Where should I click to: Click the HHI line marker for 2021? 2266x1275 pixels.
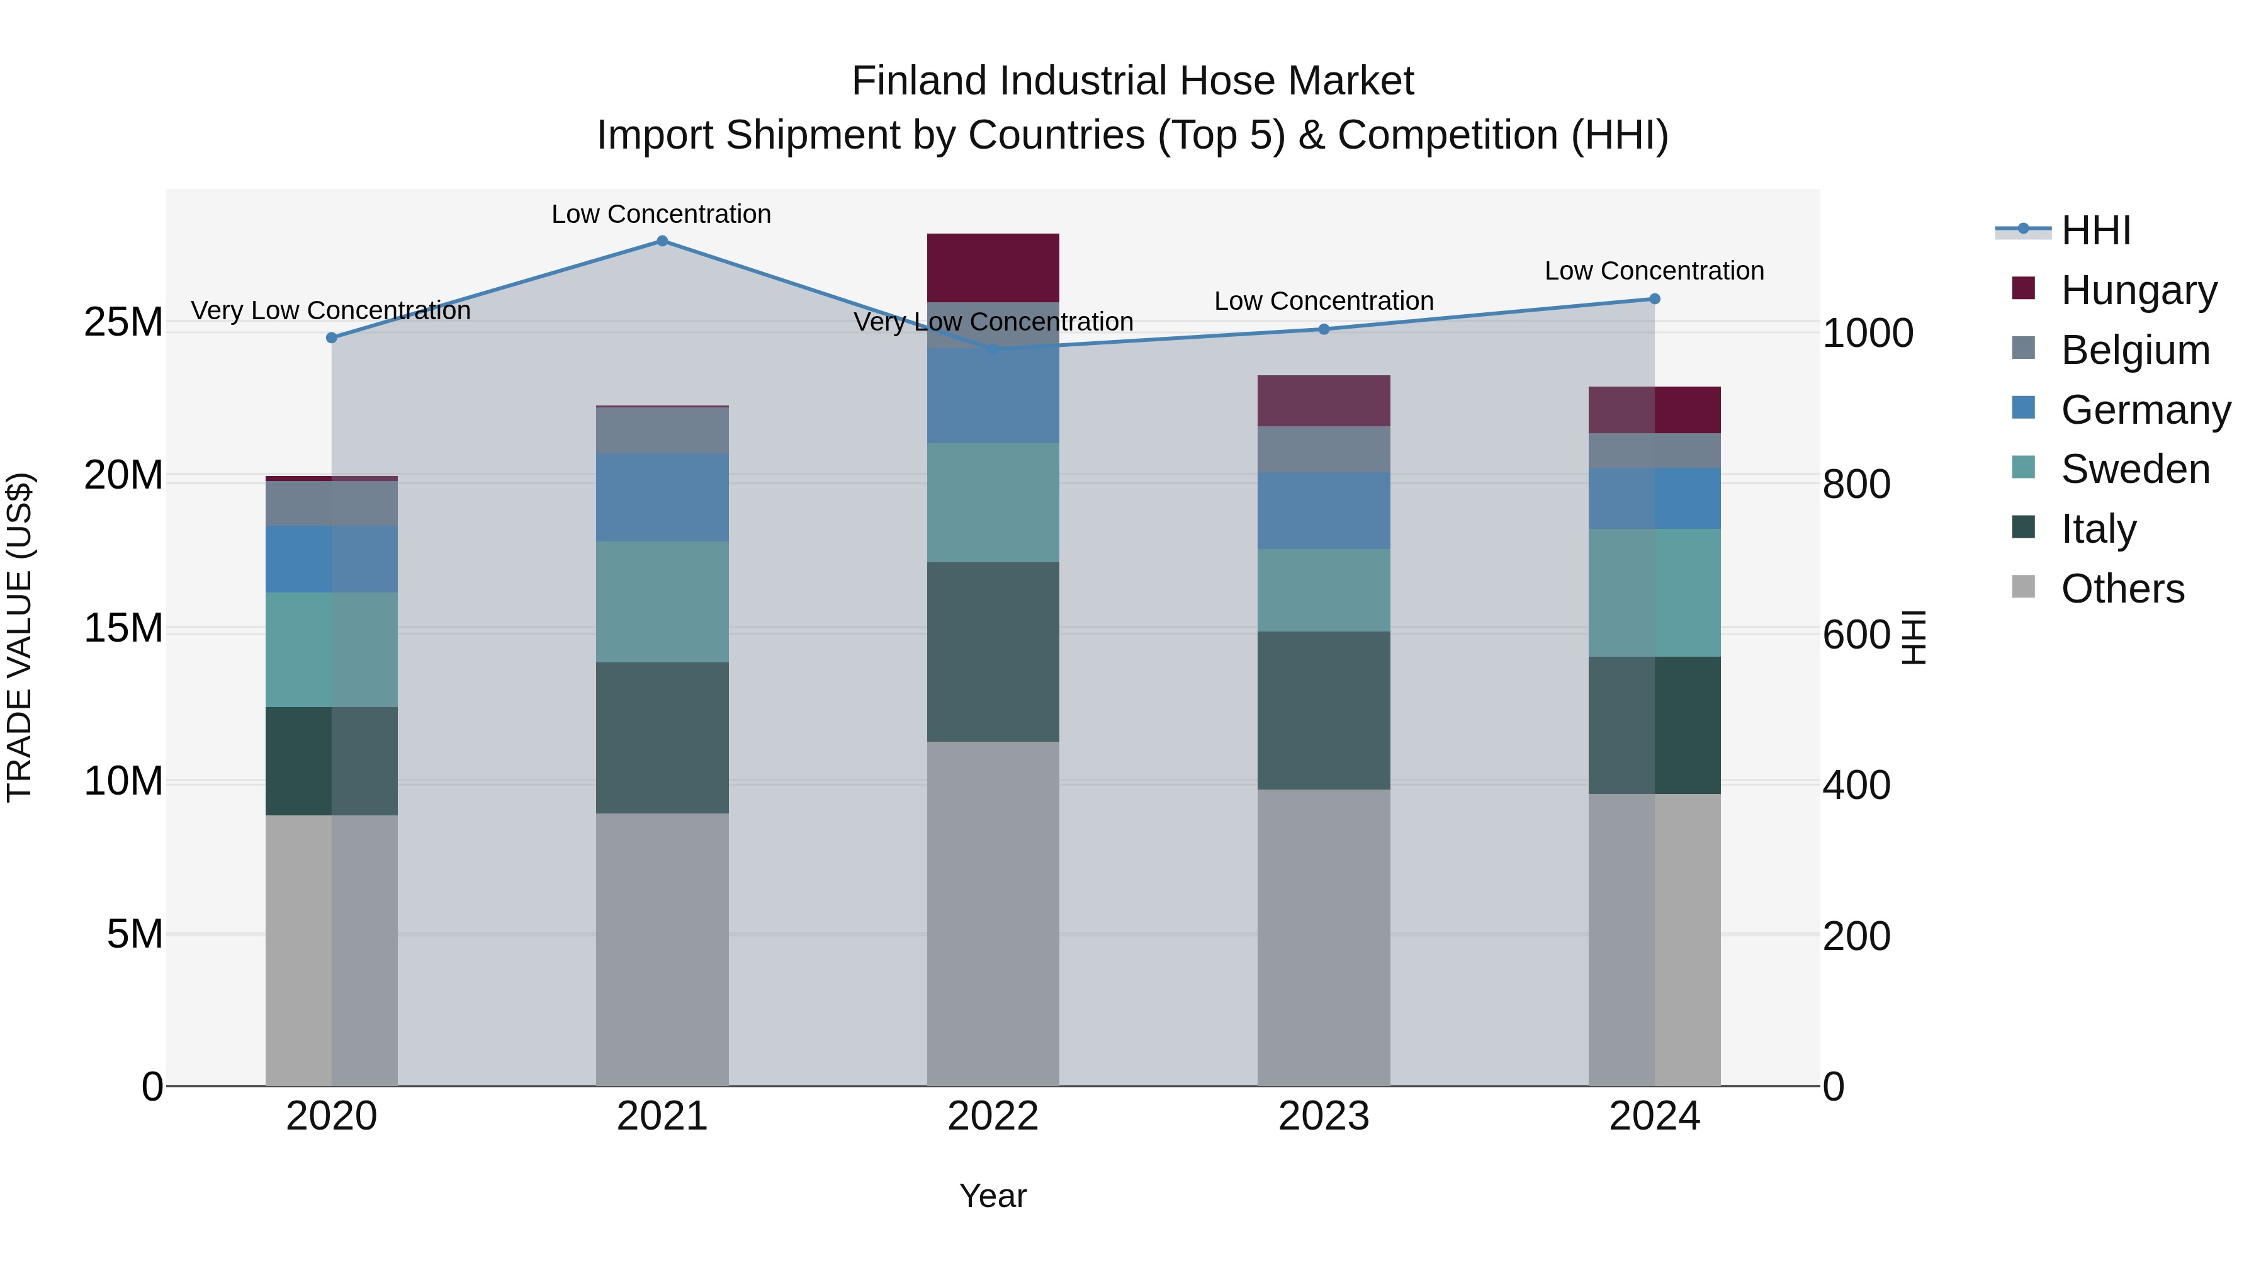point(662,241)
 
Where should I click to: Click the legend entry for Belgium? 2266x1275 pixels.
point(2135,350)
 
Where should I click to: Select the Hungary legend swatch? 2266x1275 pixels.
point(2023,288)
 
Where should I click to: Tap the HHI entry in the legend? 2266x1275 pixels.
point(2095,230)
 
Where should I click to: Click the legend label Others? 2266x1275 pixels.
point(2122,589)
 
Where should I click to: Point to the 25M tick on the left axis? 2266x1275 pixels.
point(123,322)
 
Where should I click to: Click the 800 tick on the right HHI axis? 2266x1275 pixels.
point(1856,484)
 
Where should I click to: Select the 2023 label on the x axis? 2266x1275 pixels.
point(1323,1116)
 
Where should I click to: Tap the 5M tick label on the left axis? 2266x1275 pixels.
point(133,934)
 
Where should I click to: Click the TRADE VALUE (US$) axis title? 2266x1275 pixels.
point(20,637)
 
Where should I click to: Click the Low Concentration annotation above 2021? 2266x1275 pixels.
point(661,214)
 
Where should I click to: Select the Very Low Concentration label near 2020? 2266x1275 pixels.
point(330,310)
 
